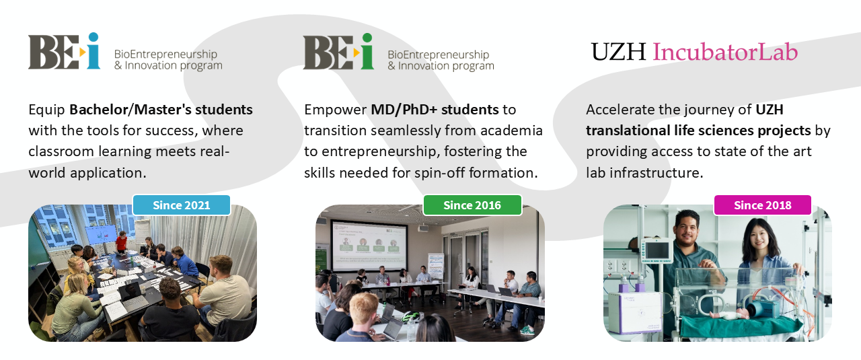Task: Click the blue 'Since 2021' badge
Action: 182,205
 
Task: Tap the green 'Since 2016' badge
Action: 472,205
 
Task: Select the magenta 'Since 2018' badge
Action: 763,205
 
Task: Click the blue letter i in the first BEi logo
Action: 93,50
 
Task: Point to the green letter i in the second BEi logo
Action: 367,51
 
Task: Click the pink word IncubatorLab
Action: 725,52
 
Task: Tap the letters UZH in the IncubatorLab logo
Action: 618,52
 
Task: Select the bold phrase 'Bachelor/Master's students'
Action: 161,110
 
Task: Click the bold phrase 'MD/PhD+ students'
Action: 435,110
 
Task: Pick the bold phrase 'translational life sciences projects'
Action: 698,131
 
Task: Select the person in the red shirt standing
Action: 122,242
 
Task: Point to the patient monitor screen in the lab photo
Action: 657,251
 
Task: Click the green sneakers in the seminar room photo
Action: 527,330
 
